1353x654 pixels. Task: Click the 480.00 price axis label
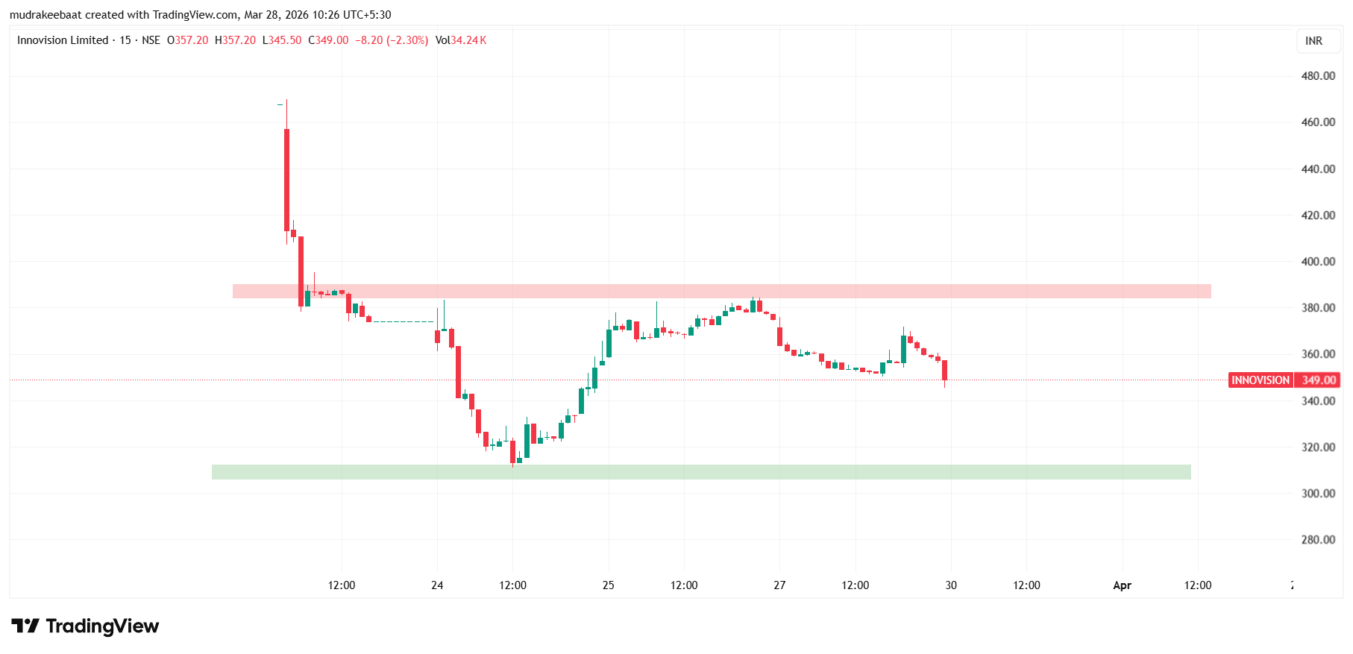click(x=1317, y=76)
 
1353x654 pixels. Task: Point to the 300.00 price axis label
click(x=1317, y=494)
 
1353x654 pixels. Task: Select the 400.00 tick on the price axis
click(x=1317, y=262)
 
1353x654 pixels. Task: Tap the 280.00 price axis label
click(x=1317, y=540)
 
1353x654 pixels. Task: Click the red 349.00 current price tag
click(x=1318, y=380)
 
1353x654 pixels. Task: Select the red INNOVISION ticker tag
click(x=1260, y=380)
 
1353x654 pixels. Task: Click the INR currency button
click(x=1313, y=41)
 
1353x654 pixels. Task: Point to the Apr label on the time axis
click(x=1122, y=585)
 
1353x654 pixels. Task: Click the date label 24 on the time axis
click(x=437, y=585)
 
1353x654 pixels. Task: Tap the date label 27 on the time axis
click(x=779, y=585)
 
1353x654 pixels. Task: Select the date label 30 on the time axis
click(x=951, y=585)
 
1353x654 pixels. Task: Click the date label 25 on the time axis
click(x=609, y=585)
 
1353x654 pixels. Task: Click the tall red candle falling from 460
click(x=286, y=179)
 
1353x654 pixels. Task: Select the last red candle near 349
click(x=944, y=370)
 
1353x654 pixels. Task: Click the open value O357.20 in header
click(x=188, y=40)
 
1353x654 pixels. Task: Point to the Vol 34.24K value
click(x=461, y=40)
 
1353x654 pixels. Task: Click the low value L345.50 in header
click(x=282, y=40)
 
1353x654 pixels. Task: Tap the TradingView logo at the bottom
click(x=85, y=626)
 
